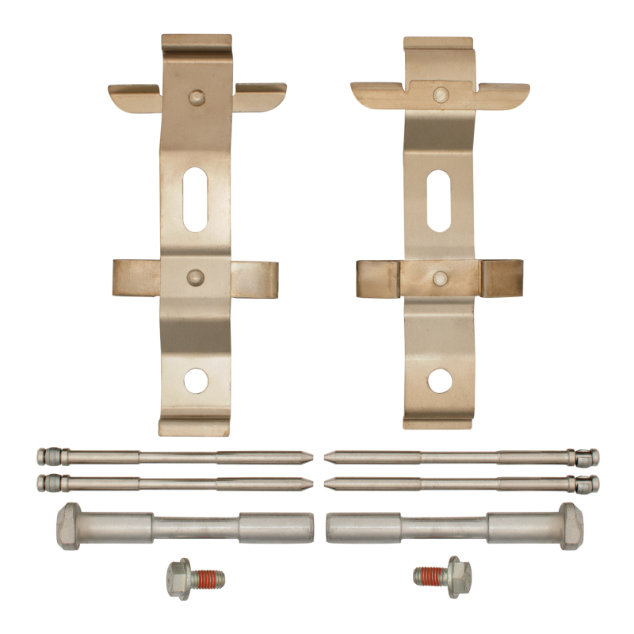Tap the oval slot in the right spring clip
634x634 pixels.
(x=439, y=201)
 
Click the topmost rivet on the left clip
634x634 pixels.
(x=196, y=97)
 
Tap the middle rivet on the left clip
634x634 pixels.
(x=195, y=277)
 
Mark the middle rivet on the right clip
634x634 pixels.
(x=440, y=277)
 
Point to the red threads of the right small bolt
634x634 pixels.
(x=429, y=576)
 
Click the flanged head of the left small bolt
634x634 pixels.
(x=179, y=578)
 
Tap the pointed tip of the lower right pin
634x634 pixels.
(x=331, y=483)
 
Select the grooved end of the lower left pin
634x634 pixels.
(x=48, y=483)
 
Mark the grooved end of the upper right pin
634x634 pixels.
(x=588, y=457)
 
